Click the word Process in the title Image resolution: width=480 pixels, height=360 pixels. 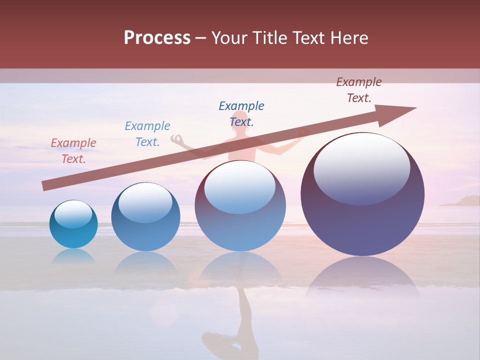[157, 37]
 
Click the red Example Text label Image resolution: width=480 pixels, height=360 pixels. [73, 150]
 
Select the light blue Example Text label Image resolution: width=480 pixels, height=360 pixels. [147, 133]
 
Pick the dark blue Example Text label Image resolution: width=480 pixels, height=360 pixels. [241, 113]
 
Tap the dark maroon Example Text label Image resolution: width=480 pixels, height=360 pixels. [359, 89]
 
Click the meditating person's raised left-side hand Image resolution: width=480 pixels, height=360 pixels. [176, 138]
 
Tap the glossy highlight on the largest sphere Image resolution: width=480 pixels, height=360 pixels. [361, 167]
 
